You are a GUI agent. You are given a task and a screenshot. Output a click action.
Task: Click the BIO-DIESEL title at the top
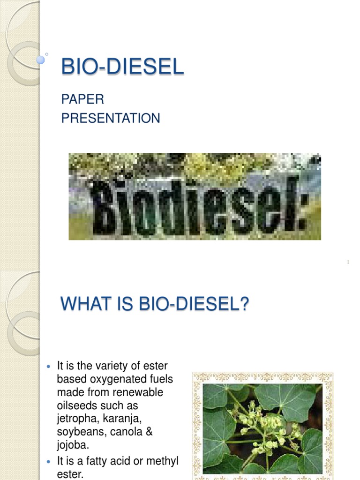pyautogui.click(x=122, y=67)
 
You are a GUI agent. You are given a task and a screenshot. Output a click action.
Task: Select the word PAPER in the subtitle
pyautogui.click(x=82, y=99)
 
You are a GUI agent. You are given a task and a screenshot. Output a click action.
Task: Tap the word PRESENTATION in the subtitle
pyautogui.click(x=111, y=118)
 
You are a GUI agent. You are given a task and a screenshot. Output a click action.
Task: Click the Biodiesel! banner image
pyautogui.click(x=195, y=196)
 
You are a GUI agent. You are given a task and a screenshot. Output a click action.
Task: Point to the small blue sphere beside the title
pyautogui.click(x=41, y=60)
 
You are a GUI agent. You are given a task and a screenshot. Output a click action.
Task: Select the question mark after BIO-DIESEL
pyautogui.click(x=243, y=305)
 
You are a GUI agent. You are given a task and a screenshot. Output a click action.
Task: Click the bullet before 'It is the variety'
pyautogui.click(x=50, y=366)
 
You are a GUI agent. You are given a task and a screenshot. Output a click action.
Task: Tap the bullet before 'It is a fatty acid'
pyautogui.click(x=50, y=462)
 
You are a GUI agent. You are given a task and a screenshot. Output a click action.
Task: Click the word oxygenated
pyautogui.click(x=113, y=379)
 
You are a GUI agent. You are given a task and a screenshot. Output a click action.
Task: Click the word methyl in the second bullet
pyautogui.click(x=164, y=462)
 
